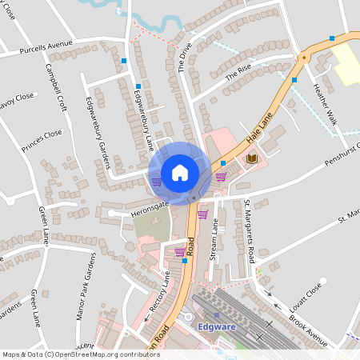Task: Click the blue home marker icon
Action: [x=180, y=172]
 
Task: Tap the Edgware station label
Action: [x=215, y=326]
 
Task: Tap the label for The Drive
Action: [x=186, y=57]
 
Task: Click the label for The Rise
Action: [x=238, y=73]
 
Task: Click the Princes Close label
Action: [x=42, y=141]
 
